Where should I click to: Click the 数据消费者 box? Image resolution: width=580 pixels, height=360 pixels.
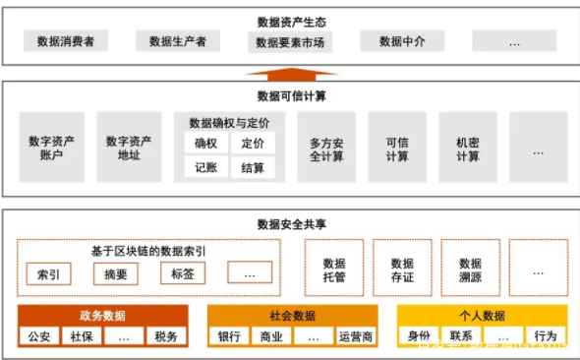tap(66, 41)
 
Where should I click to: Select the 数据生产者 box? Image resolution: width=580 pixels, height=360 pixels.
tap(178, 41)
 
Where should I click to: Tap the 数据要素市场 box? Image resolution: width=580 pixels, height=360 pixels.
tap(290, 42)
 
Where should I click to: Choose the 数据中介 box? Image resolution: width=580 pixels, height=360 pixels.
tap(402, 41)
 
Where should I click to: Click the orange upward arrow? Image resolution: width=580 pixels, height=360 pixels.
tap(290, 73)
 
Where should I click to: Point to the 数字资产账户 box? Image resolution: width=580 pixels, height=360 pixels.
tap(54, 148)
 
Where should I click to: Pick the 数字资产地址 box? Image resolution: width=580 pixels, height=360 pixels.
tap(130, 148)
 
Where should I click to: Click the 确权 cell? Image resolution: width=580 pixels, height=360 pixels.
tap(206, 144)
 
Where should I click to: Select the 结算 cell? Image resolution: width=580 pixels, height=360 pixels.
tap(253, 168)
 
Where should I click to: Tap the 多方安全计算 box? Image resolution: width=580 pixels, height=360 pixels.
tap(326, 148)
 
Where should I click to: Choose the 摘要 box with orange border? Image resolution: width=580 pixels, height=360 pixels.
tap(115, 272)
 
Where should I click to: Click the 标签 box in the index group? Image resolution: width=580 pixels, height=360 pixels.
tap(183, 272)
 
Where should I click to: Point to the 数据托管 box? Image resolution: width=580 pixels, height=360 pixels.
tap(334, 270)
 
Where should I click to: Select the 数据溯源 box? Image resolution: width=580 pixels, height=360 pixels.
tap(470, 270)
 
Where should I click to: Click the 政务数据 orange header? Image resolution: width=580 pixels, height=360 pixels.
tap(102, 316)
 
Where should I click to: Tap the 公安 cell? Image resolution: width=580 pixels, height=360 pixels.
tap(39, 336)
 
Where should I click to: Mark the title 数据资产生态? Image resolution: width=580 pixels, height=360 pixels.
tap(290, 21)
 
